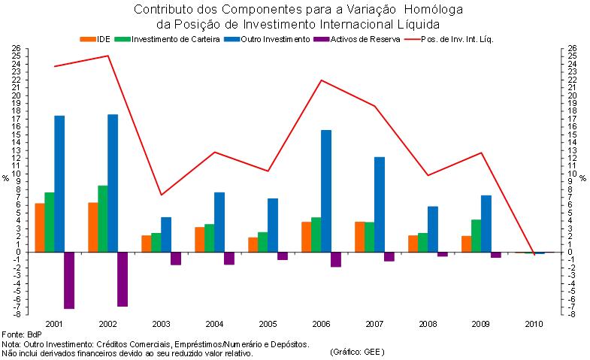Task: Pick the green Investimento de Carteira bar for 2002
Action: click(103, 218)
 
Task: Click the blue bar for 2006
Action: click(326, 191)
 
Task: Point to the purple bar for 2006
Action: click(336, 259)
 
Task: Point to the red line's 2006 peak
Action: click(322, 80)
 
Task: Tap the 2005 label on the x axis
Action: click(268, 323)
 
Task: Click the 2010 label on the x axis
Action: click(535, 323)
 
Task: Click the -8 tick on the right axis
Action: click(572, 314)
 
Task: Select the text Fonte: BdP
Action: click(22, 333)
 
